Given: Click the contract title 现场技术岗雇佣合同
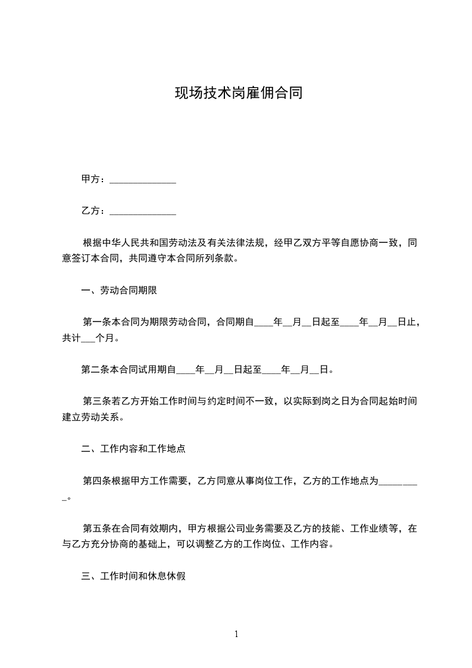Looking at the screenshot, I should point(238,93).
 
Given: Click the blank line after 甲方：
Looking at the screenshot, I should point(143,180).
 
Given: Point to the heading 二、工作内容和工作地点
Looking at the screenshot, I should point(133,449).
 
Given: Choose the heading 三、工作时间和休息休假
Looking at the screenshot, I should point(133,576).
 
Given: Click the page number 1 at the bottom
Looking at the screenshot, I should point(236,634).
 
